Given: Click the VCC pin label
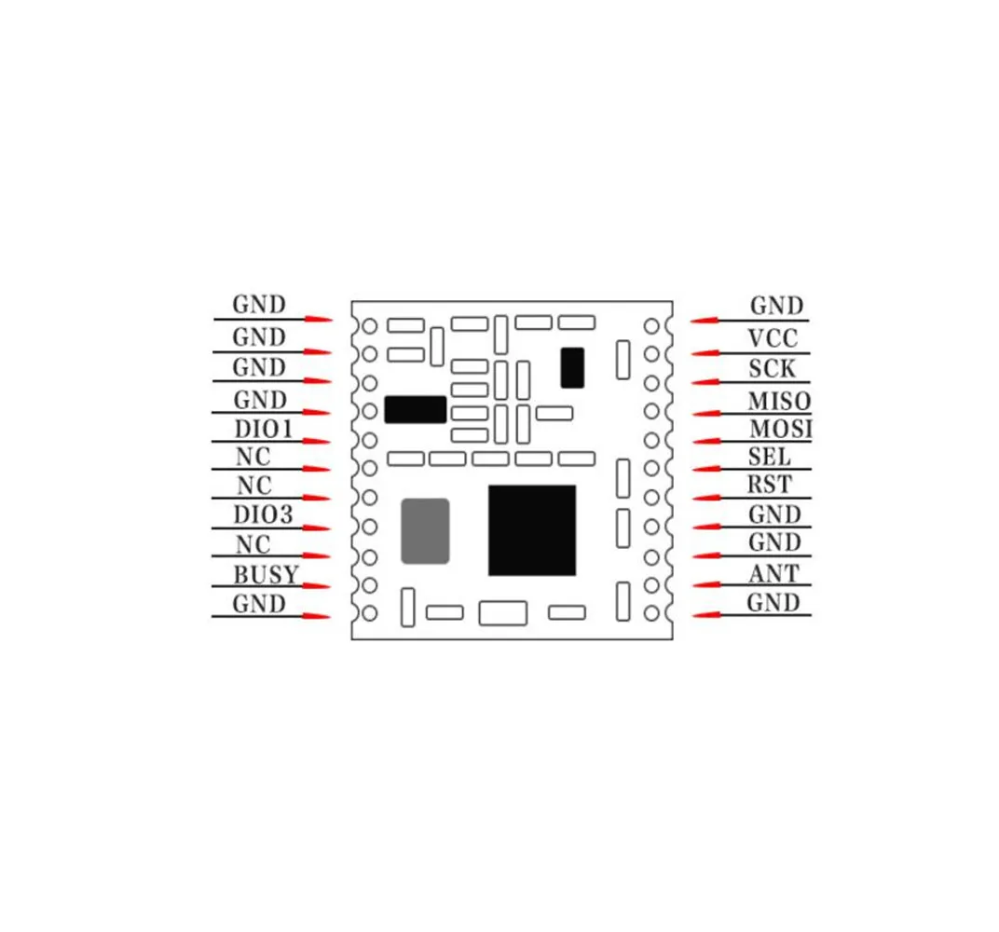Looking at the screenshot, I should point(772,338).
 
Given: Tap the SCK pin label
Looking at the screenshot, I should point(773,368).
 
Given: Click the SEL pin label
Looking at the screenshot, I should point(770,457).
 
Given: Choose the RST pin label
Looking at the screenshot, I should point(770,485).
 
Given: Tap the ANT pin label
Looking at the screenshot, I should point(773,573).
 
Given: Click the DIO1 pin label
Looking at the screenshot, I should point(263,429).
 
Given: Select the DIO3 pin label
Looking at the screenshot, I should point(263,514).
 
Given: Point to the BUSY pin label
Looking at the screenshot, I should point(266,573).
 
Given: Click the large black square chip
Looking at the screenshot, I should point(531,529).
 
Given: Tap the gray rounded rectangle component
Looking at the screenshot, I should point(425,530).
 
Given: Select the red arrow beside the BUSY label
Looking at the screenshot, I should point(317,585).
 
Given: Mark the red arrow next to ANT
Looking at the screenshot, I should point(706,585).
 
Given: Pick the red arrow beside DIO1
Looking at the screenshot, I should point(317,441).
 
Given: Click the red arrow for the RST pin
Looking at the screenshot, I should point(706,498).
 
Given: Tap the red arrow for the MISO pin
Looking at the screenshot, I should point(706,412).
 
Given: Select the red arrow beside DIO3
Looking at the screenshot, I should point(317,528).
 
